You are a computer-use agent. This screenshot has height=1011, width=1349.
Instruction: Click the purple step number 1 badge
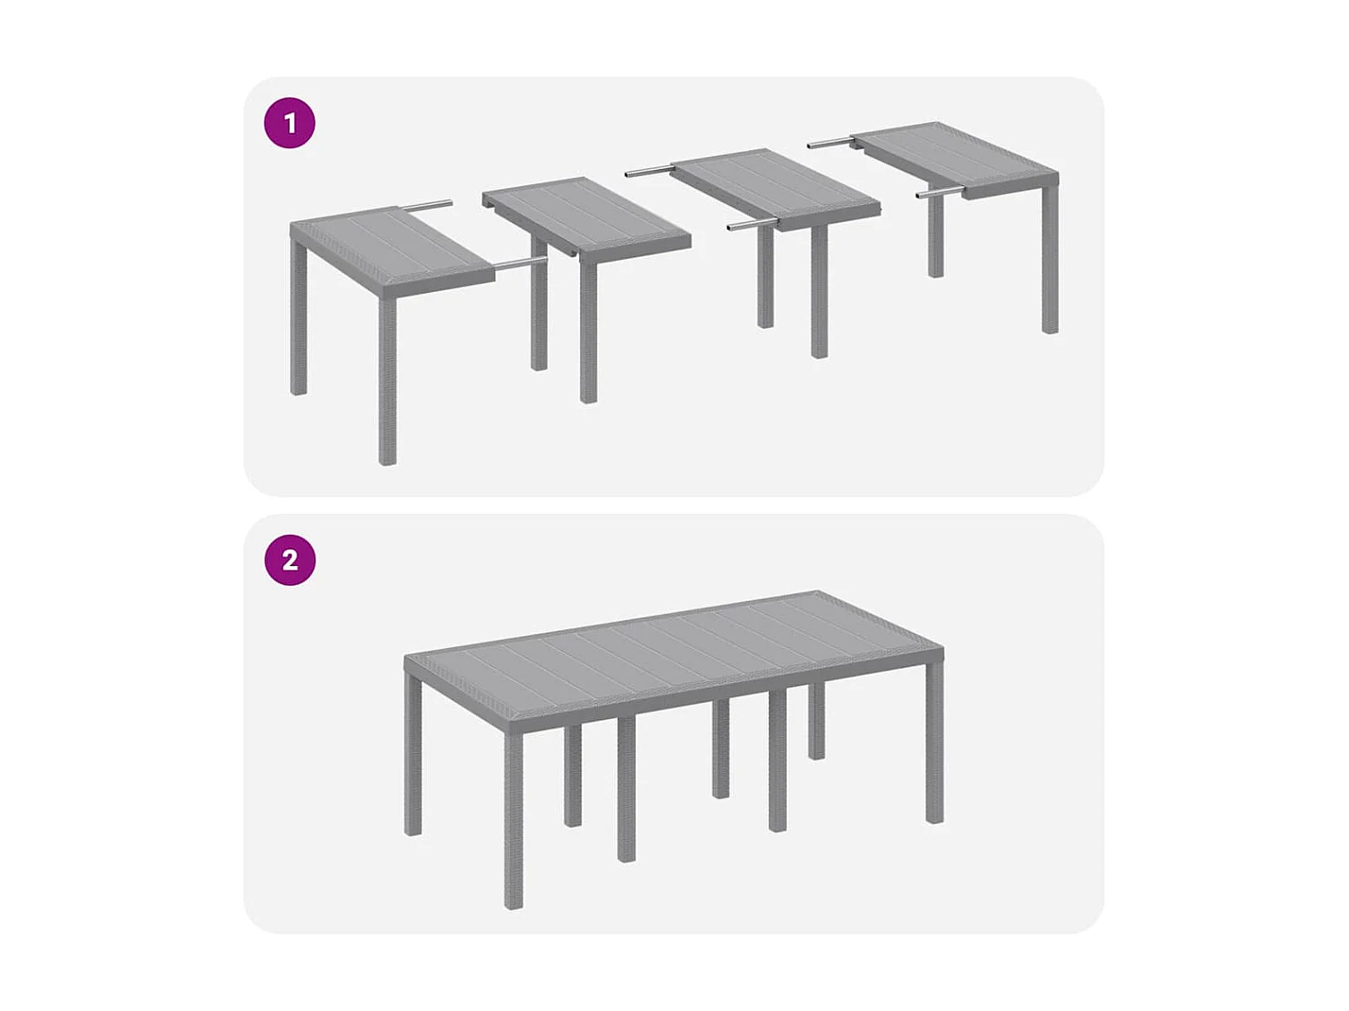coord(290,123)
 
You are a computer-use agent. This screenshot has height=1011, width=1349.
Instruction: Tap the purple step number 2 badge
coord(290,560)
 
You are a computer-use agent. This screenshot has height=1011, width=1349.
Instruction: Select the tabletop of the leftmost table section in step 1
coord(392,248)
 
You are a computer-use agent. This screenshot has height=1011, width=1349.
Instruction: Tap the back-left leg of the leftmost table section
coord(299,324)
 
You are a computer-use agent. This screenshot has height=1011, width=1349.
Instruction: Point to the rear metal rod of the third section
coord(648,170)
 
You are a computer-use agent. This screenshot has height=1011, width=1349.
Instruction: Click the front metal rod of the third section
coord(752,225)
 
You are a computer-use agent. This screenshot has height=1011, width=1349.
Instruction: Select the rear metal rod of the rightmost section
coord(830,142)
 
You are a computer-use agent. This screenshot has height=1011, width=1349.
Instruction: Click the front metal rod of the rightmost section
coord(939,192)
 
